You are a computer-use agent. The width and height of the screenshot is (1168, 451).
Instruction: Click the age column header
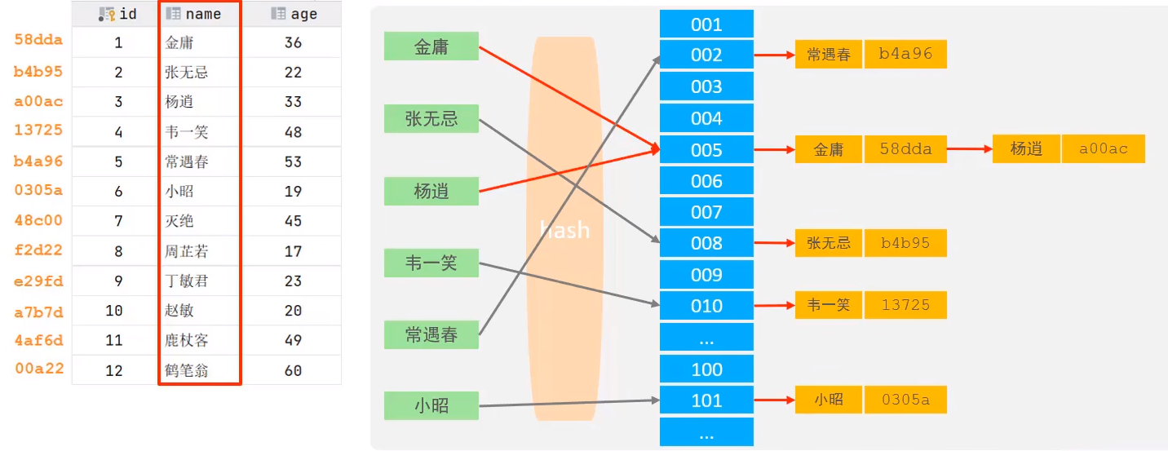(x=294, y=14)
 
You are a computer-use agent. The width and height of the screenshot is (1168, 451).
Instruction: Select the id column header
(x=118, y=14)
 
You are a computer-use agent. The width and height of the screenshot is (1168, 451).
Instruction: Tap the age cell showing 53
(x=294, y=161)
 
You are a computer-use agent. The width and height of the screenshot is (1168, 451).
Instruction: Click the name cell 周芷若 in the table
(x=187, y=251)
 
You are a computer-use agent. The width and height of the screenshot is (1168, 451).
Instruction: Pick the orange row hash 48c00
(x=38, y=220)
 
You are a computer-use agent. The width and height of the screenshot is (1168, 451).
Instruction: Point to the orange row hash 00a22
(x=38, y=369)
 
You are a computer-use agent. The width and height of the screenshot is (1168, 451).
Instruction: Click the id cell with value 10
(x=114, y=311)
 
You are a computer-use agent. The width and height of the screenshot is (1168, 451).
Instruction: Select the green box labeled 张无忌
(x=431, y=119)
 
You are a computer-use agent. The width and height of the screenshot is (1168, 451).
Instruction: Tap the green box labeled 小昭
(x=431, y=405)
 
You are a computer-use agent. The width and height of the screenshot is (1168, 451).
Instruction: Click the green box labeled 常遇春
(x=431, y=334)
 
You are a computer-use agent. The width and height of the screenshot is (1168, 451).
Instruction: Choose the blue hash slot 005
(x=706, y=150)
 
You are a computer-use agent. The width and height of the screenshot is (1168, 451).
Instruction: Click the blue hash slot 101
(x=706, y=400)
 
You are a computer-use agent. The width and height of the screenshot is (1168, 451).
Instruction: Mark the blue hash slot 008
(x=706, y=243)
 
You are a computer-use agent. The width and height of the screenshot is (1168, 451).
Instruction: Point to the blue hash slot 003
(x=706, y=86)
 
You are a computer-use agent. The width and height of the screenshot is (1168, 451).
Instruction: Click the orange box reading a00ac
(x=1104, y=149)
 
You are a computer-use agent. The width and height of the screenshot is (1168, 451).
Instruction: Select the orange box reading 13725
(x=905, y=305)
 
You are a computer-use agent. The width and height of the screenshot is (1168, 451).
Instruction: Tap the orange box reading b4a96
(x=905, y=55)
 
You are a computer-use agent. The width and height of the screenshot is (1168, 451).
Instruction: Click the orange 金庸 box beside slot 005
(x=829, y=150)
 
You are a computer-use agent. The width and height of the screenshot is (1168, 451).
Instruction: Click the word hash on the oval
(x=564, y=230)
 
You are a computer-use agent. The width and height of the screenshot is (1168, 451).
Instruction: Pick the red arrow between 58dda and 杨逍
(x=969, y=149)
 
